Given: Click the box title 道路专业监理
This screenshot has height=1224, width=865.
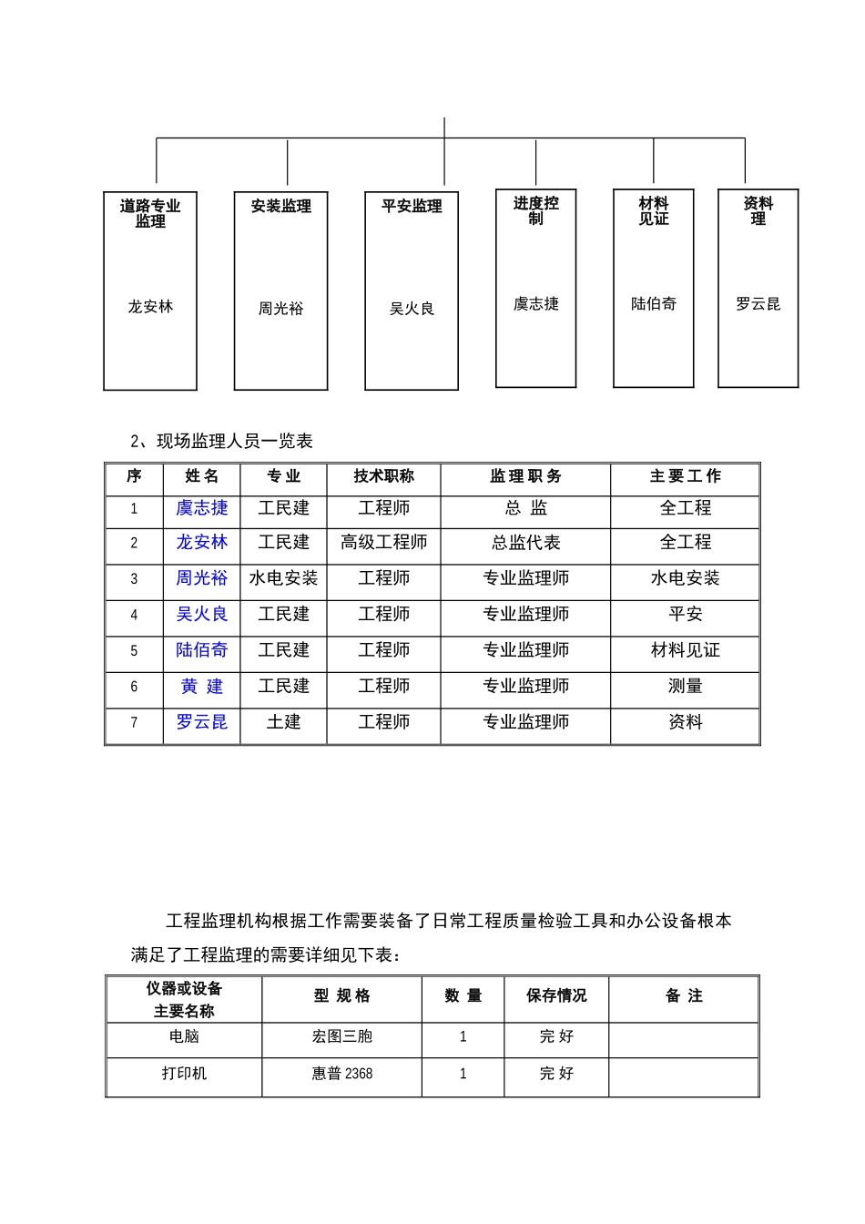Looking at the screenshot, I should (x=150, y=213).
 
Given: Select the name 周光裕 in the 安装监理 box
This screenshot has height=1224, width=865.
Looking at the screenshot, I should (x=280, y=309).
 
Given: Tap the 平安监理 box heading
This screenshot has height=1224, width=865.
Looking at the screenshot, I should (x=412, y=207).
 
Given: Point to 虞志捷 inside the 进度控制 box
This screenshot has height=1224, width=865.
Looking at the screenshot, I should (x=535, y=304).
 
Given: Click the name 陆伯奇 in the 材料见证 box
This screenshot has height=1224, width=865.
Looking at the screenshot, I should (x=654, y=304).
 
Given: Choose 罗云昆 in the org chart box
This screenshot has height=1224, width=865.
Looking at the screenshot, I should (x=758, y=304).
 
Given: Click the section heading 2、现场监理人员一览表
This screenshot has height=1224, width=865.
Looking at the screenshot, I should (x=221, y=442).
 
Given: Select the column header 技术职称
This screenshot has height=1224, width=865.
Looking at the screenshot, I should (x=383, y=476).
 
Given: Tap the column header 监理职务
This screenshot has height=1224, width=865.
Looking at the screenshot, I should (x=525, y=476).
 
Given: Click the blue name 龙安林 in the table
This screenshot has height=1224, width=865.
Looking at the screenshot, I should (x=201, y=543).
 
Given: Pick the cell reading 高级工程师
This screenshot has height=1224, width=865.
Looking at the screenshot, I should (x=383, y=543).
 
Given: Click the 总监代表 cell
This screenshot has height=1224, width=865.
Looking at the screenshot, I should (x=525, y=543).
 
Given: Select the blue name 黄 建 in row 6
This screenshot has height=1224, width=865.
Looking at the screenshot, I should (x=201, y=687).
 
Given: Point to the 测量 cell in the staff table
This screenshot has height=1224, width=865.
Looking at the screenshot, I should (x=685, y=687).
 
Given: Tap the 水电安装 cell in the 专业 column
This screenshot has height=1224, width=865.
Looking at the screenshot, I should (x=283, y=578).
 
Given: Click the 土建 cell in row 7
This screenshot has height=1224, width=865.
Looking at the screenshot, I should (x=283, y=722).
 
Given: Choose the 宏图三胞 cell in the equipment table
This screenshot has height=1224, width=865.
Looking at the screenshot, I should (x=341, y=1036).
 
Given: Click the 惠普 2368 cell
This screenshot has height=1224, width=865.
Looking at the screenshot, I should (x=341, y=1074).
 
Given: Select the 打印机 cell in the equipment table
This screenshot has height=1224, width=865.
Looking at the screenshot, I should (x=184, y=1074).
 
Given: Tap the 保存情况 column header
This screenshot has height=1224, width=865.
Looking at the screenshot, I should (x=555, y=996).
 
